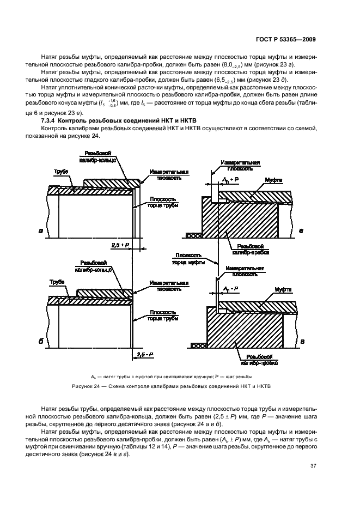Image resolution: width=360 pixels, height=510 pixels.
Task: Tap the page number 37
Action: pyautogui.click(x=313, y=466)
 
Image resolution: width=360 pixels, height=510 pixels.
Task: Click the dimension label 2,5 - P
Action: pyautogui.click(x=144, y=354)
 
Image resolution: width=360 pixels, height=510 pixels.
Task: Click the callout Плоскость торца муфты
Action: pyautogui.click(x=188, y=258)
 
